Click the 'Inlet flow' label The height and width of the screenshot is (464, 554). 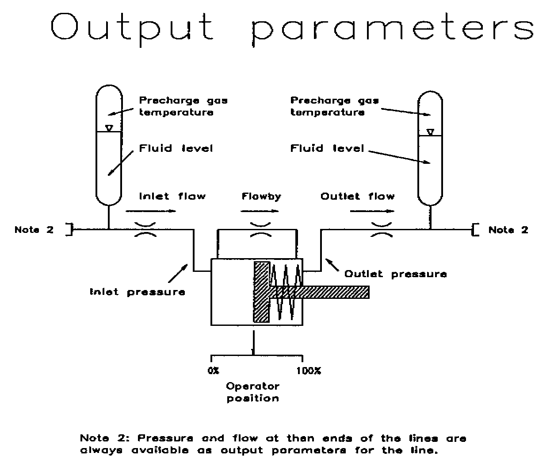tap(172, 196)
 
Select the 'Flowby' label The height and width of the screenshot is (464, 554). tap(261, 196)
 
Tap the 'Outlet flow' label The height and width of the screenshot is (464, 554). tap(357, 196)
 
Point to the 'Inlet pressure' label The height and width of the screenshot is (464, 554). tap(137, 292)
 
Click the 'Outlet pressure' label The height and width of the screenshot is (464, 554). tap(395, 274)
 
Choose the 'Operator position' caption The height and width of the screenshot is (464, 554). tap(253, 392)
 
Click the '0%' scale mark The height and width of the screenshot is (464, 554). tap(213, 371)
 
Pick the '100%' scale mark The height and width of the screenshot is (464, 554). tap(309, 371)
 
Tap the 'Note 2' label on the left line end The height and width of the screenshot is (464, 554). tap(34, 230)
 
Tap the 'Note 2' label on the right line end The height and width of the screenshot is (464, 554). tap(508, 230)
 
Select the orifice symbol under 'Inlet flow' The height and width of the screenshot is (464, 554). tap(145, 230)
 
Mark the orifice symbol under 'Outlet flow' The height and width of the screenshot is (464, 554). tap(382, 230)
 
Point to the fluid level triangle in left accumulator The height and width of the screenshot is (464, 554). tap(109, 128)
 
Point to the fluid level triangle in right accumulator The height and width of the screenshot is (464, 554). tap(430, 132)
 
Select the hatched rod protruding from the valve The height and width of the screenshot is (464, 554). tap(327, 292)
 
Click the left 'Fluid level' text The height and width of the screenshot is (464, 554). tap(176, 148)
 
